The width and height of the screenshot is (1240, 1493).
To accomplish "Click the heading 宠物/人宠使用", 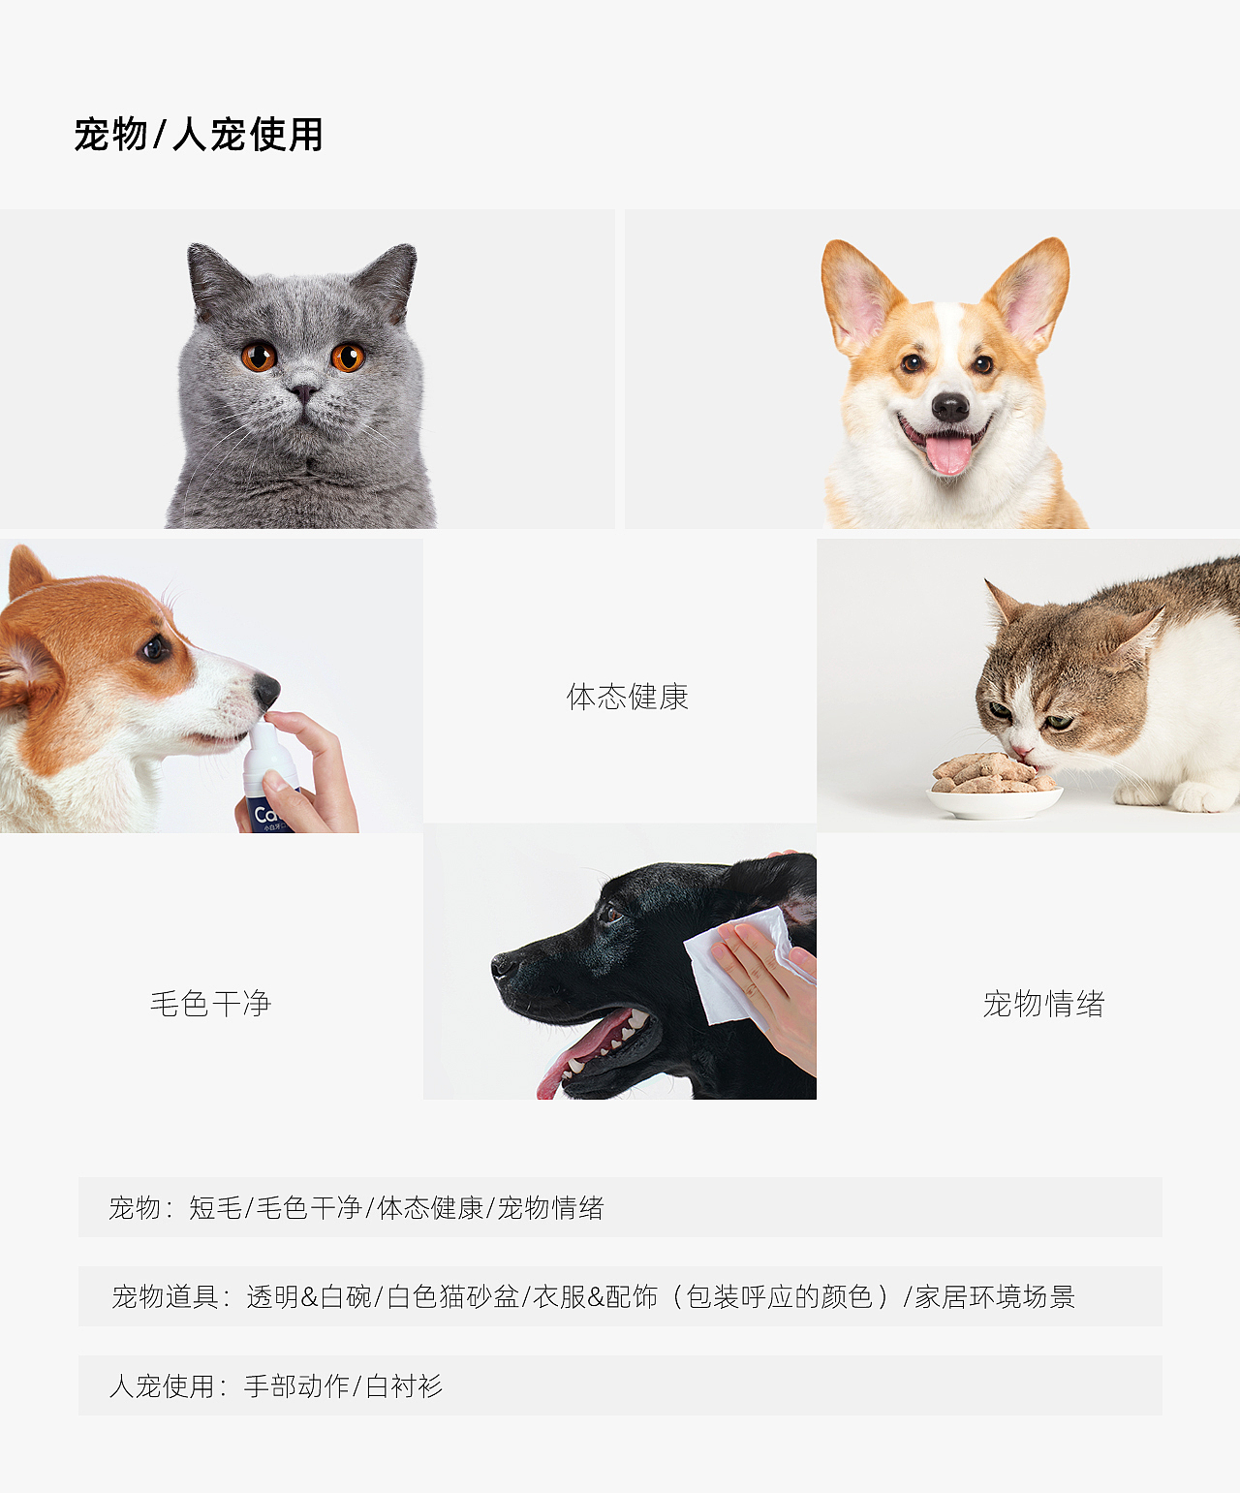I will pyautogui.click(x=199, y=135).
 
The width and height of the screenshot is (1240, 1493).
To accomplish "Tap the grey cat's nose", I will pyautogui.click(x=303, y=392).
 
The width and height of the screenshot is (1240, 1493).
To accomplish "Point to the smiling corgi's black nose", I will pyautogui.click(x=950, y=407).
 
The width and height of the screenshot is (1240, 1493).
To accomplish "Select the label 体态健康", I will pyautogui.click(x=628, y=697).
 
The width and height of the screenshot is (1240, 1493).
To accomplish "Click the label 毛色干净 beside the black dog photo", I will pyautogui.click(x=210, y=1004).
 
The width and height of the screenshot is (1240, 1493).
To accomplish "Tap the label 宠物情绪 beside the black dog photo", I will pyautogui.click(x=1043, y=1004).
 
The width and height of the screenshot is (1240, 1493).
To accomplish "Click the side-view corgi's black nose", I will pyautogui.click(x=267, y=689).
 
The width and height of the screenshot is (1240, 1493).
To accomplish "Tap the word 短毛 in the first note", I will pyautogui.click(x=215, y=1208).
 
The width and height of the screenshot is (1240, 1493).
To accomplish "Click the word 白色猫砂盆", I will pyautogui.click(x=453, y=1296).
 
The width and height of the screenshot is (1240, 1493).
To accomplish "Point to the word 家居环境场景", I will pyautogui.click(x=995, y=1296).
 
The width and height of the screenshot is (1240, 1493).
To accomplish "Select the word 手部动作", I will pyautogui.click(x=296, y=1386).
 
